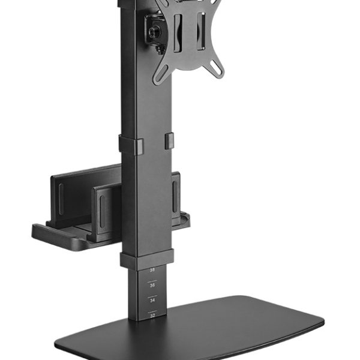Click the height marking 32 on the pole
point(152,314)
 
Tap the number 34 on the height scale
point(152,299)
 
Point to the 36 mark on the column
point(152,284)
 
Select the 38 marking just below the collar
point(152,271)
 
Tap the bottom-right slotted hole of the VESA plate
point(217,71)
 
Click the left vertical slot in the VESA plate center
point(179,30)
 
